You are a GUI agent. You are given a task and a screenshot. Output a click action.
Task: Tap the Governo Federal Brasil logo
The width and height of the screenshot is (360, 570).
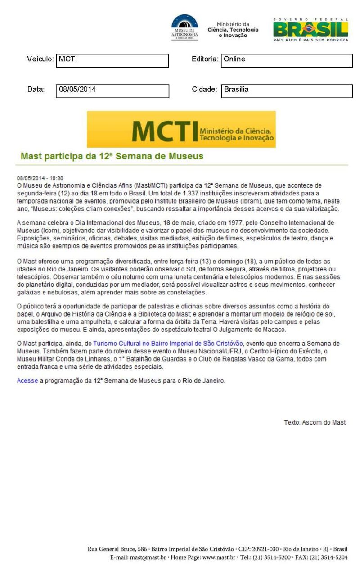(310, 30)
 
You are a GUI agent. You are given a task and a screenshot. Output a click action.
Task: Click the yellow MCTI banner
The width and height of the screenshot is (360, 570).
(181, 129)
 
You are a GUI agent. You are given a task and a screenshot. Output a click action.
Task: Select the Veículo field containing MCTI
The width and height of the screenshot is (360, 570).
(112, 61)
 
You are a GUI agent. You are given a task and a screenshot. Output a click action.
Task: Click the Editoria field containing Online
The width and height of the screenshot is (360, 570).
(287, 61)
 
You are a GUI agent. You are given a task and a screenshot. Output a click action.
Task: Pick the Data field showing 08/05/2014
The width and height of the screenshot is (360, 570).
(112, 91)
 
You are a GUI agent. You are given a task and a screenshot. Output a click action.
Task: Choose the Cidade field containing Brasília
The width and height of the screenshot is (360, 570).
(287, 91)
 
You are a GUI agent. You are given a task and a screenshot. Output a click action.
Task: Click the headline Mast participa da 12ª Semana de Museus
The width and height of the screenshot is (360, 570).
(112, 157)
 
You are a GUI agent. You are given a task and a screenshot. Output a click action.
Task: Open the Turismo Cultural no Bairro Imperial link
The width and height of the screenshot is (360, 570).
(168, 344)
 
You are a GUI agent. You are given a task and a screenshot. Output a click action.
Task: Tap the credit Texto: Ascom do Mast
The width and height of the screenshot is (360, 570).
(315, 422)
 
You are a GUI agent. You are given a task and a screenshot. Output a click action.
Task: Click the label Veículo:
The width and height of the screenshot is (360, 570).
(40, 59)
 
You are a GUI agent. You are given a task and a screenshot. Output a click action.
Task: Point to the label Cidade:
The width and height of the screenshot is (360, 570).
(205, 90)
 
